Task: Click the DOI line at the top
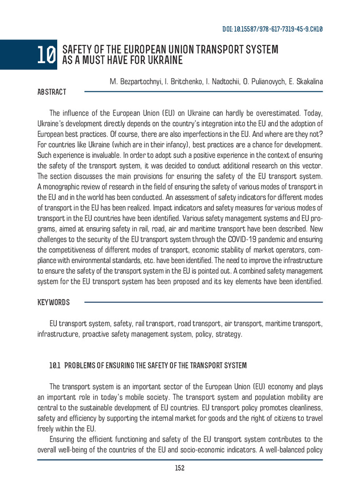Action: pos(273,29)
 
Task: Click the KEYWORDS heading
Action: pos(53,302)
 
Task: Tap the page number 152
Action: pos(180,468)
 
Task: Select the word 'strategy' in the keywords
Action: pos(229,334)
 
